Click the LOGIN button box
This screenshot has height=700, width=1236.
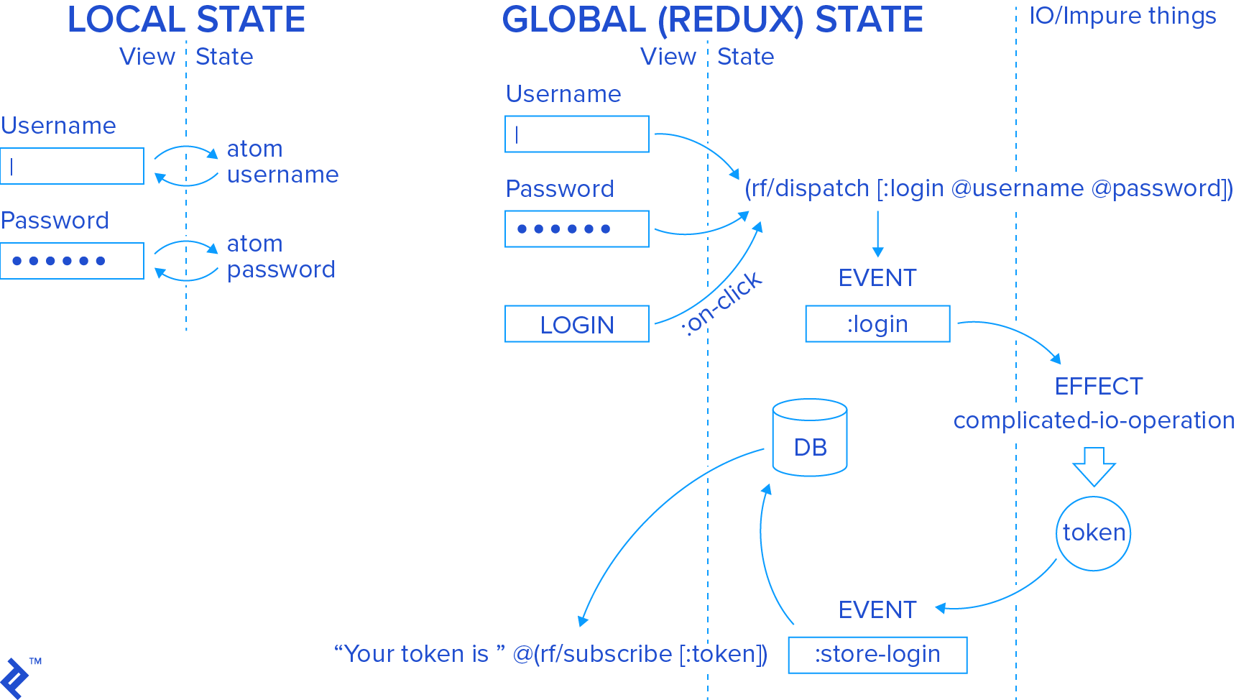[x=576, y=324]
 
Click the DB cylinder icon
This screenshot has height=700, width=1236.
[x=810, y=438]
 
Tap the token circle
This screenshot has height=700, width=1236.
[x=1093, y=533]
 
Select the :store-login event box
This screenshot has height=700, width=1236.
[x=877, y=655]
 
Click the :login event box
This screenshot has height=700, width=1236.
[x=877, y=324]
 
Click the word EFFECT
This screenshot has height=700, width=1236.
[x=1098, y=387]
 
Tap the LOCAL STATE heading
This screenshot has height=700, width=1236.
[x=186, y=20]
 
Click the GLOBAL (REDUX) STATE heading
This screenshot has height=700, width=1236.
[x=712, y=20]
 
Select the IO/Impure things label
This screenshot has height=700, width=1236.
[x=1122, y=16]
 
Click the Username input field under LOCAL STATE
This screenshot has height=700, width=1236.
[x=72, y=166]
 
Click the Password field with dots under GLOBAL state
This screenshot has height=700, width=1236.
[x=576, y=229]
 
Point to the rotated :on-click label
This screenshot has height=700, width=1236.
[x=721, y=304]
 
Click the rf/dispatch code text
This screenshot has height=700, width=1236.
[x=988, y=188]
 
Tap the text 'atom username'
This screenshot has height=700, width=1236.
[x=282, y=162]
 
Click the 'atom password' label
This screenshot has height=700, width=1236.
[x=280, y=257]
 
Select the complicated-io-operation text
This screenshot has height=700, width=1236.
[x=1093, y=420]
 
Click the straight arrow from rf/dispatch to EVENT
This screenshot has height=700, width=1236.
[x=877, y=234]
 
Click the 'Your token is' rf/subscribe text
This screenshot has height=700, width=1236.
[x=550, y=654]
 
